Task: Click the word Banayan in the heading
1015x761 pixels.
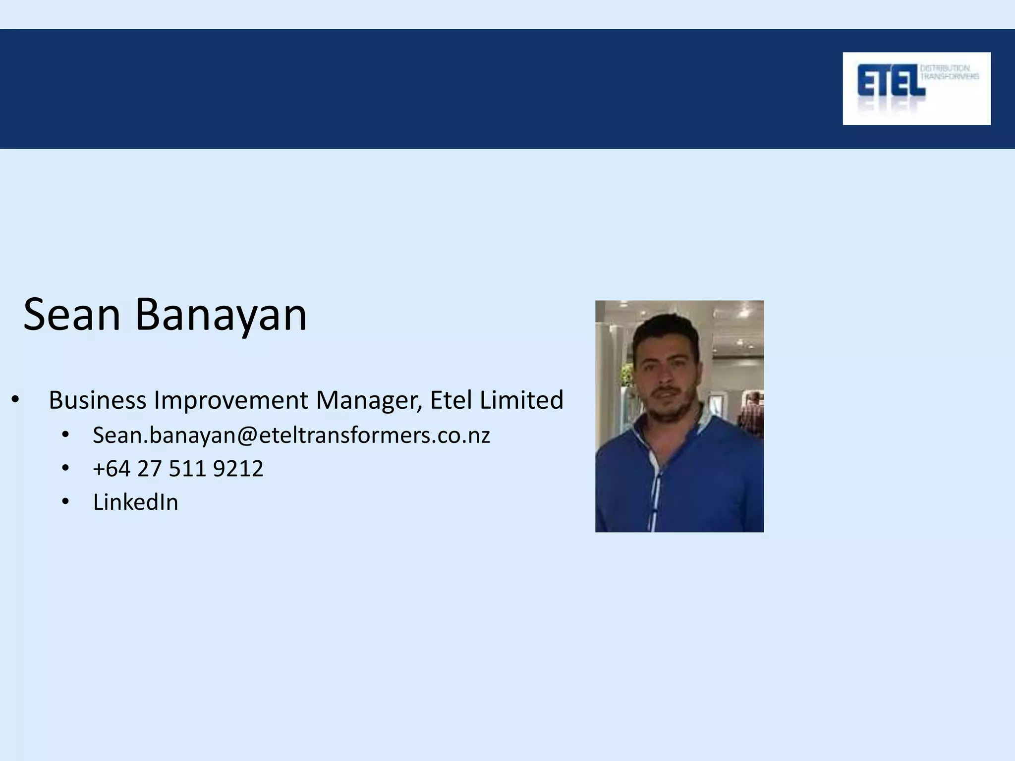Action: pos(221,316)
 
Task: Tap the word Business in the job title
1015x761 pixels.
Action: pos(98,400)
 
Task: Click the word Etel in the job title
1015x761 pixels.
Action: pos(451,400)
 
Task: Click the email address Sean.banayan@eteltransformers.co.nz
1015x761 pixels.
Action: pos(291,435)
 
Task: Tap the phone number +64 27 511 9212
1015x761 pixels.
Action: pos(178,469)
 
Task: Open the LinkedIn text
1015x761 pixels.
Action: pos(135,502)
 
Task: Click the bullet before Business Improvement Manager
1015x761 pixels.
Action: pos(15,400)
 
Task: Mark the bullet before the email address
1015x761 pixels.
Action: pos(65,435)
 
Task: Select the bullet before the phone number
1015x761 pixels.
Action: pos(65,469)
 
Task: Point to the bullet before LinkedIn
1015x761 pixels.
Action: pos(65,502)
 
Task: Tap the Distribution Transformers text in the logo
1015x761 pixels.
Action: pos(949,72)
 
